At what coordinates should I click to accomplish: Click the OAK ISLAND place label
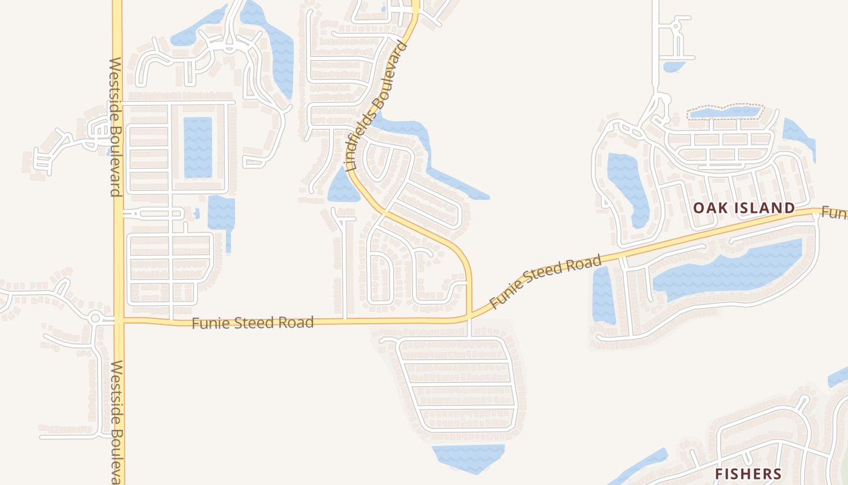(x=744, y=208)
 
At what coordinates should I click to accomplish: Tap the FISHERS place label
(x=747, y=473)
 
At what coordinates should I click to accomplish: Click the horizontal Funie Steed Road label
(x=253, y=323)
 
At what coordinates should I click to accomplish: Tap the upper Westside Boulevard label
(x=116, y=127)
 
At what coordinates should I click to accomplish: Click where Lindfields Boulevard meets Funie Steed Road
(x=469, y=316)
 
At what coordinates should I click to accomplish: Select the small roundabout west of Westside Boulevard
(x=95, y=317)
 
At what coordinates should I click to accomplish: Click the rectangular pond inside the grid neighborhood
(x=197, y=147)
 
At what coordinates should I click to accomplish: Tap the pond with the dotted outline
(x=726, y=112)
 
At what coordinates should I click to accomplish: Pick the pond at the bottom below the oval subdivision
(x=468, y=458)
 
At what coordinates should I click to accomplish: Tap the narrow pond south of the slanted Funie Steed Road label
(x=603, y=295)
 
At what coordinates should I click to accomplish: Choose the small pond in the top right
(x=674, y=65)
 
